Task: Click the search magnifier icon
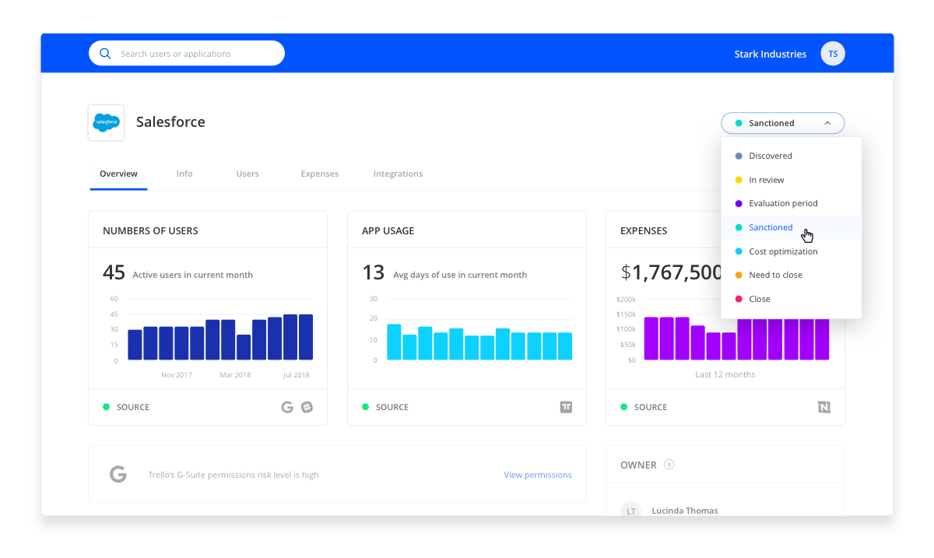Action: pyautogui.click(x=105, y=54)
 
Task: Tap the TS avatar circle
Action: pyautogui.click(x=833, y=54)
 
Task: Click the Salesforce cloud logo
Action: pyautogui.click(x=107, y=122)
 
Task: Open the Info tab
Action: pyautogui.click(x=184, y=174)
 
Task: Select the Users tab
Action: pyautogui.click(x=248, y=174)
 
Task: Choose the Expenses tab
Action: pyautogui.click(x=319, y=174)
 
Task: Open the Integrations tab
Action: pyautogui.click(x=398, y=174)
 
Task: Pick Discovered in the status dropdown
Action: pyautogui.click(x=770, y=156)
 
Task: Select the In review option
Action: pyautogui.click(x=766, y=180)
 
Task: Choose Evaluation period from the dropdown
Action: pyautogui.click(x=783, y=204)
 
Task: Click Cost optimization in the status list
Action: pyautogui.click(x=783, y=251)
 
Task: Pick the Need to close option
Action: pyautogui.click(x=775, y=275)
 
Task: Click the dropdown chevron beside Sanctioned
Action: pyautogui.click(x=827, y=123)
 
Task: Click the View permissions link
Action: pyautogui.click(x=538, y=475)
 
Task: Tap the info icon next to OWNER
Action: pyautogui.click(x=669, y=464)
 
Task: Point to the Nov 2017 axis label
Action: pyautogui.click(x=177, y=375)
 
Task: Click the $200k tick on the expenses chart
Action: pyautogui.click(x=626, y=299)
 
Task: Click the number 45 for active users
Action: pyautogui.click(x=114, y=272)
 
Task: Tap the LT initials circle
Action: pyautogui.click(x=631, y=510)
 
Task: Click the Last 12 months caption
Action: pyautogui.click(x=725, y=374)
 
